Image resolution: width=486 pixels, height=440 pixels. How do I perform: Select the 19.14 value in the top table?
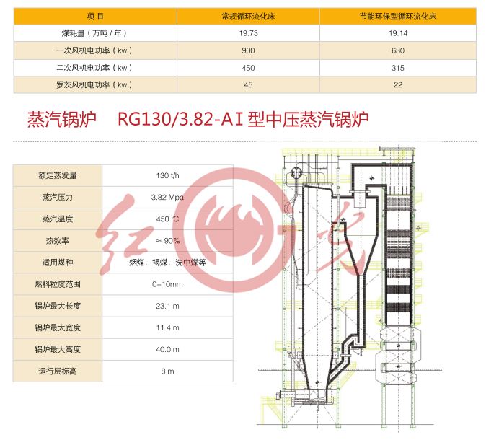coord(397,33)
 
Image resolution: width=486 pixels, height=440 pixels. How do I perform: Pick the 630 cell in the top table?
coord(397,50)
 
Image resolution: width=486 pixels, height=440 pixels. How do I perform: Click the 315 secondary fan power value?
coord(397,68)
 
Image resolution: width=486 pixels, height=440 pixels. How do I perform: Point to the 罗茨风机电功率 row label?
coord(94,84)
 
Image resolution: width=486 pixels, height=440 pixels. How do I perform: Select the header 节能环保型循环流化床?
coord(397,16)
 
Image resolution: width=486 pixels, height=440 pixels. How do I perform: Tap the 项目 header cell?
coord(94,16)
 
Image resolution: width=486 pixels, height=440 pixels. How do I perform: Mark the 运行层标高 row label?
coord(58,371)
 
